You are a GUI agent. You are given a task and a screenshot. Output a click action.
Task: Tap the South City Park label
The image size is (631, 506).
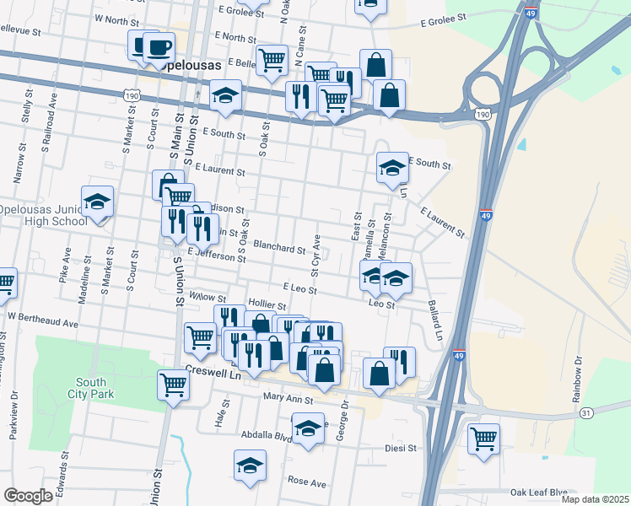90,387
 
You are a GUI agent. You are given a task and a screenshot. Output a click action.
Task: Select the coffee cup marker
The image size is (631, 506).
158,46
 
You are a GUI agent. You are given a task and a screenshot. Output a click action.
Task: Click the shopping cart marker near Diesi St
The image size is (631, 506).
483,438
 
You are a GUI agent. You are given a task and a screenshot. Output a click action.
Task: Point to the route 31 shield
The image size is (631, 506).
585,412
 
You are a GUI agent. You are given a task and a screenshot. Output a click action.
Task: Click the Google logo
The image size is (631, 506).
28,496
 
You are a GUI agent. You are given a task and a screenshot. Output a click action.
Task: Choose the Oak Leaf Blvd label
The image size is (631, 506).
538,493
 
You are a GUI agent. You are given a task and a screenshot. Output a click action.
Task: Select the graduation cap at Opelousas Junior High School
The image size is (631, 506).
98,202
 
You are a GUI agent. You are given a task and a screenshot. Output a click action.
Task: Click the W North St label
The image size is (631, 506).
116,18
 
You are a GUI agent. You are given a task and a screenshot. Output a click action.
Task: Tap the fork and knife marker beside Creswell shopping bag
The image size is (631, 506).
400,363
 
